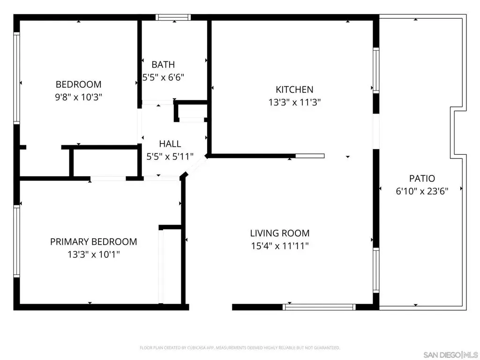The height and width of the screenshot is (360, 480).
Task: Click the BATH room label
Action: coord(163,65)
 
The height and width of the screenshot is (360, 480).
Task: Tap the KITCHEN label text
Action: coord(294,90)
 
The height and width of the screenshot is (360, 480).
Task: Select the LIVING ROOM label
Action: coord(280,233)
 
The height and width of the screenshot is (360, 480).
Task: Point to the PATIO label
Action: coord(422,179)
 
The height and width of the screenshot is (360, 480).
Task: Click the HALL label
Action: coord(170,143)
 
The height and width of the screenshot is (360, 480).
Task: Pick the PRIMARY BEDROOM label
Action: coord(94,241)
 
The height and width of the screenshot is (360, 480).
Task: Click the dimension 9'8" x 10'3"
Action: coord(78,97)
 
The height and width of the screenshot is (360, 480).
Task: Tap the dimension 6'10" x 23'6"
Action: coord(422,191)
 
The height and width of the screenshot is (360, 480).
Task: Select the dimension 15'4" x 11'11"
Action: coord(280,246)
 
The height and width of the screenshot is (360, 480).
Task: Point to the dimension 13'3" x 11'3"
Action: coord(294,102)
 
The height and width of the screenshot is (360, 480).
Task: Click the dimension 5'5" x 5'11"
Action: coord(170,157)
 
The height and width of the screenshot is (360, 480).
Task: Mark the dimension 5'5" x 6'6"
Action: coord(163,77)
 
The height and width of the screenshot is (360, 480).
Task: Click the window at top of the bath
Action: coord(173,17)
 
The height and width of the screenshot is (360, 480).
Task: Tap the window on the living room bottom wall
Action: coord(319,307)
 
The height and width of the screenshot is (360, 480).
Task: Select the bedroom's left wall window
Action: coord(16,78)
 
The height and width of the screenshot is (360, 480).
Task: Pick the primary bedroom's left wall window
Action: coord(16,241)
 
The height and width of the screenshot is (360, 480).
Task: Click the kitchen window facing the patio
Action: coord(376,70)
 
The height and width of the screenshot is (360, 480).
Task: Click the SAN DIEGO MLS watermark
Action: coord(451,355)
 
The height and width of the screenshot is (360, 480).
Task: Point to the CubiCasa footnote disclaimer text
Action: coord(240,348)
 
